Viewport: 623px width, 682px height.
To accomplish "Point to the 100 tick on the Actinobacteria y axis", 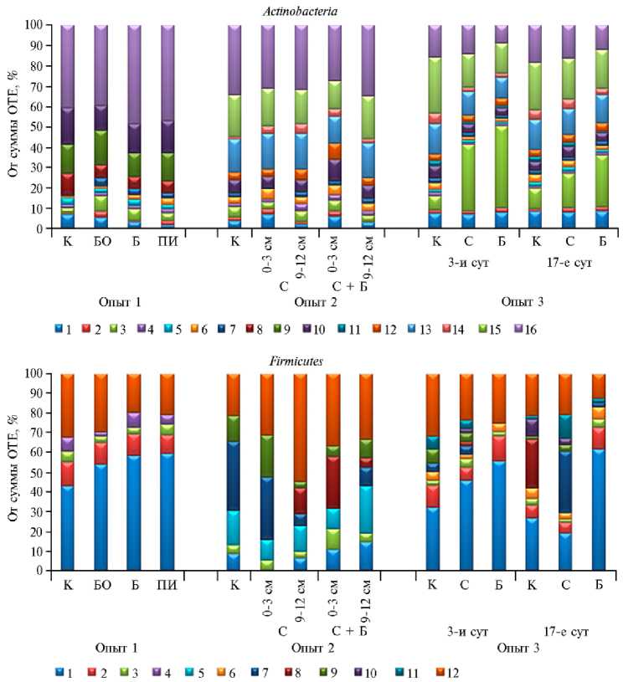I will [42, 25].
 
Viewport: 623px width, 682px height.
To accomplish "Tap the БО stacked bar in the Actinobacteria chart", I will [100, 126].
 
